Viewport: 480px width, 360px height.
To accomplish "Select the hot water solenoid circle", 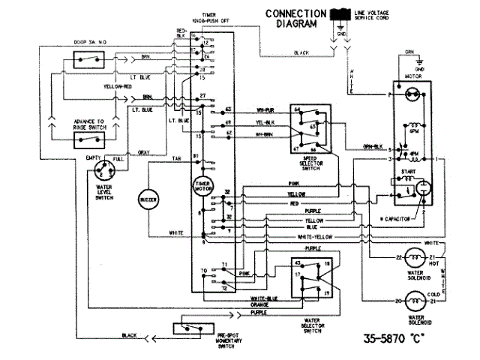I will pyautogui.click(x=414, y=258).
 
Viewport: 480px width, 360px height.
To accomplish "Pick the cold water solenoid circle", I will pyautogui.click(x=414, y=301).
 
